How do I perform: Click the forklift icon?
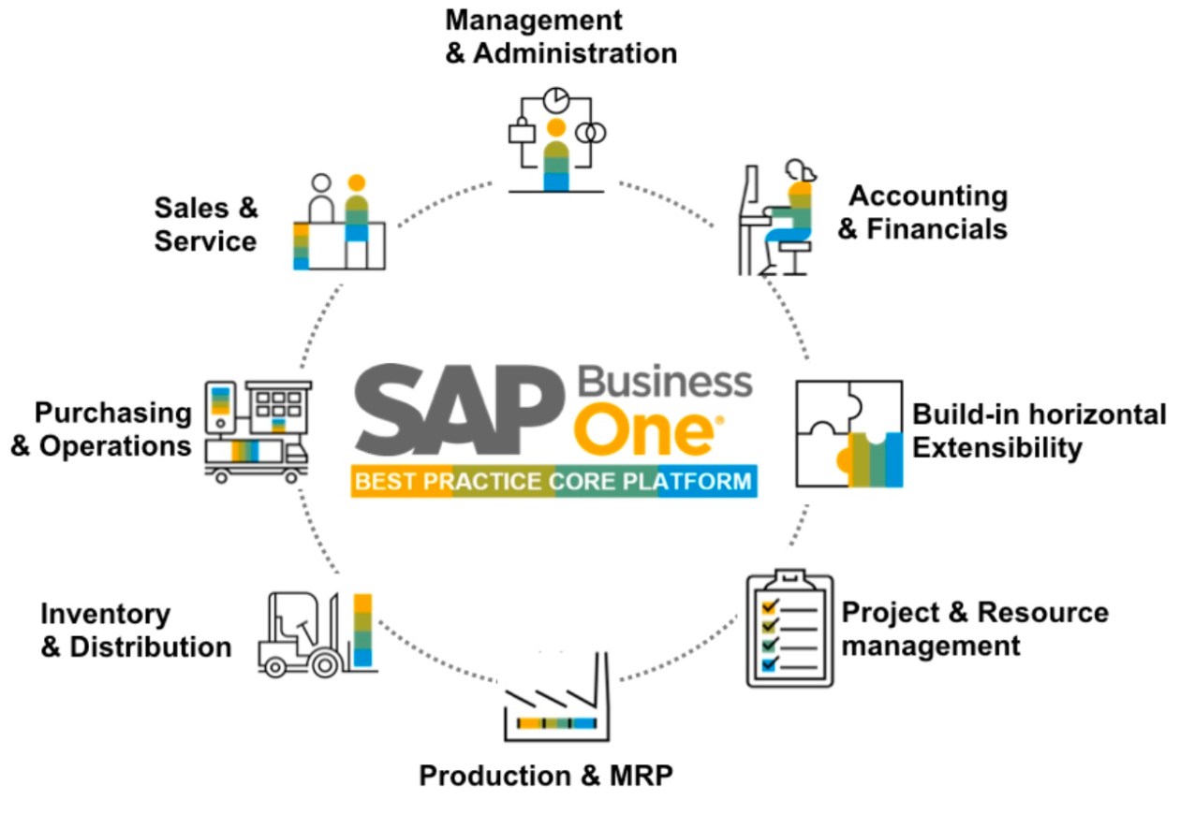point(316,633)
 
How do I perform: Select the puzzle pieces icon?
point(848,433)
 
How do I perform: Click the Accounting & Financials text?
point(923,212)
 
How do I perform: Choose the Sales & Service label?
point(205,225)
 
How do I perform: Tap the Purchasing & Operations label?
point(101,429)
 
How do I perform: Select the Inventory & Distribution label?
point(136,631)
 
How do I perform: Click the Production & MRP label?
point(546,776)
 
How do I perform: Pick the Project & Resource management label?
point(974,629)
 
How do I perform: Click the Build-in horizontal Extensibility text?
point(1039,430)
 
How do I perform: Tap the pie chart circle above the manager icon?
point(557,98)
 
